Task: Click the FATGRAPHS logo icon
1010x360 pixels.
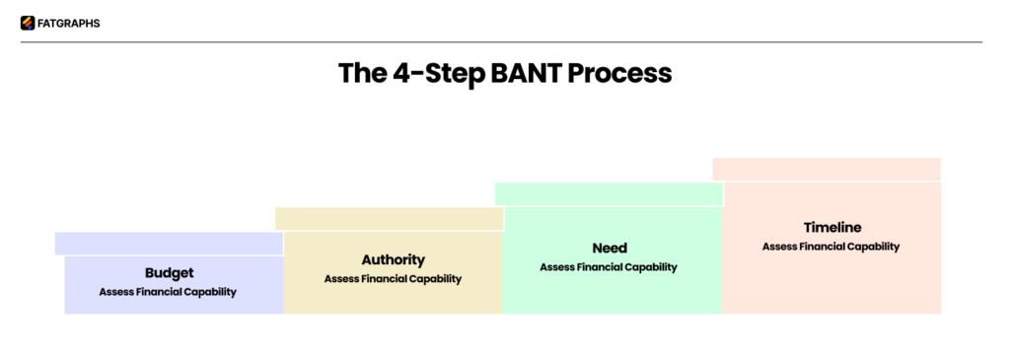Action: pos(27,24)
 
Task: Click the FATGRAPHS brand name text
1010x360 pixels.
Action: pos(69,24)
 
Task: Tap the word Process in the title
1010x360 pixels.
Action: pos(620,74)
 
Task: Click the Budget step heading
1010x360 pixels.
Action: pos(169,273)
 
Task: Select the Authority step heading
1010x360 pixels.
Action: pos(393,260)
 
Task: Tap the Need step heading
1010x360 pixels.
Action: pos(609,249)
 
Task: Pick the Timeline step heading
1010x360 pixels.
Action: pos(831,227)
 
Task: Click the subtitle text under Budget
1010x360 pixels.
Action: pos(168,292)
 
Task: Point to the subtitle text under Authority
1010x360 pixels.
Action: pos(393,279)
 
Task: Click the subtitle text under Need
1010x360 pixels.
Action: pos(609,267)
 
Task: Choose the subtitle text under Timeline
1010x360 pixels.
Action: pos(830,247)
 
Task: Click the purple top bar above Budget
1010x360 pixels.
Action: pos(169,244)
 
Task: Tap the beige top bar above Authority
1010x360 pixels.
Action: pos(389,219)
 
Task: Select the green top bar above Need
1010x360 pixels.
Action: pos(609,194)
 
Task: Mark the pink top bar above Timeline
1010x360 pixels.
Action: pos(826,170)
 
